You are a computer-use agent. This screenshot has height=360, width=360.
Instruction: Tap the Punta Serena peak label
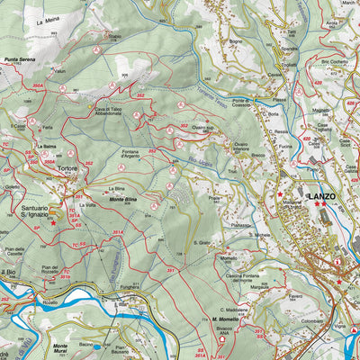(x=19, y=59)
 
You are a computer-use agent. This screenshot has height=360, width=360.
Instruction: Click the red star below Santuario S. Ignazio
(x=52, y=222)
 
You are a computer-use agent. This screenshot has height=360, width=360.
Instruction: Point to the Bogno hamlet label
(x=236, y=41)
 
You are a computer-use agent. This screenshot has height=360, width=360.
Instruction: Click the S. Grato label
(x=202, y=242)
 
